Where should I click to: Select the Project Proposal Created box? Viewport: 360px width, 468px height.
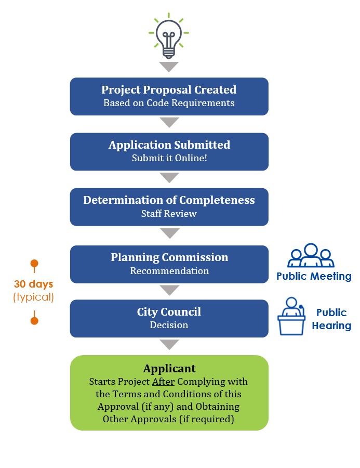[x=169, y=96]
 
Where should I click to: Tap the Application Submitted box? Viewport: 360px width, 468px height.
[x=169, y=151]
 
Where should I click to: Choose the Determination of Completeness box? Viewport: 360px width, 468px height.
[x=169, y=207]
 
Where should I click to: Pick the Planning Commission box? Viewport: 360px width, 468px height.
[x=169, y=264]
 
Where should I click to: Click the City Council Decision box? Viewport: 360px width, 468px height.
[x=169, y=318]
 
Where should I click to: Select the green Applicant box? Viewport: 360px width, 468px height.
[x=169, y=393]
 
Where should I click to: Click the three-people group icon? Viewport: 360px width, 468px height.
[x=311, y=256]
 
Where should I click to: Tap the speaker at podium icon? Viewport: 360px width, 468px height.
[x=291, y=316]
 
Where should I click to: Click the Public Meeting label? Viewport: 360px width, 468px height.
[x=314, y=276]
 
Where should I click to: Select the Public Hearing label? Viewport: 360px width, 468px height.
[x=331, y=319]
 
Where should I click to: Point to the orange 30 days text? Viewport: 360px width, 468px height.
[x=34, y=285]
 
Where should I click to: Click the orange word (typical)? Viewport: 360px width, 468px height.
[x=34, y=297]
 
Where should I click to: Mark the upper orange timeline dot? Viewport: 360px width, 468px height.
[x=34, y=263]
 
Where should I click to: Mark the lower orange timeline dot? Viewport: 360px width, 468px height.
[x=34, y=321]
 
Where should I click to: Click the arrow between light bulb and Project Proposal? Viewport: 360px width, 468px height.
[x=169, y=67]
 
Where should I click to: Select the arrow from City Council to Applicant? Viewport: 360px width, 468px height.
[x=169, y=344]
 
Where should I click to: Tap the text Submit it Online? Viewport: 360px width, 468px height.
[x=169, y=158]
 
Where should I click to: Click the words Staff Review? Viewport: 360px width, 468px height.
[x=169, y=213]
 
